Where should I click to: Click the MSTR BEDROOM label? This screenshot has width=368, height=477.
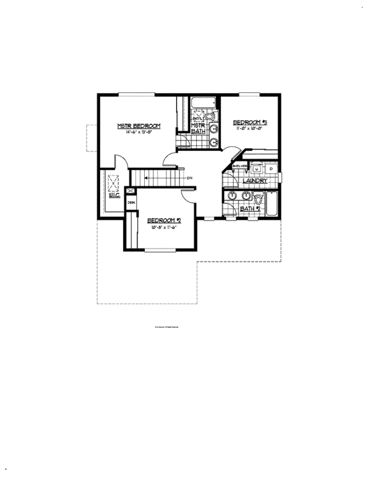(139, 126)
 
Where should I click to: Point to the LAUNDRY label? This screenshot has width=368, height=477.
(253, 182)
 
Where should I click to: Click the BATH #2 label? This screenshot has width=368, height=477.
(250, 209)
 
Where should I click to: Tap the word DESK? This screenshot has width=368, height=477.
(131, 203)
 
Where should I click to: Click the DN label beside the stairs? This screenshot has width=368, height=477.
(190, 178)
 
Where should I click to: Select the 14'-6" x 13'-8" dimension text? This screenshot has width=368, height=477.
(139, 133)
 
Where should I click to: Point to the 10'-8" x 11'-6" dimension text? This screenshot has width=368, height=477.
(163, 227)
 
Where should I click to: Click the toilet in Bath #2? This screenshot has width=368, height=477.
(258, 198)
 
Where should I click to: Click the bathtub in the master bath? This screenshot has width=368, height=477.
(202, 101)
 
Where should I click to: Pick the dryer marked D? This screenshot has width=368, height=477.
(270, 168)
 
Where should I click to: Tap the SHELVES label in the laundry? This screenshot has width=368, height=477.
(239, 166)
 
